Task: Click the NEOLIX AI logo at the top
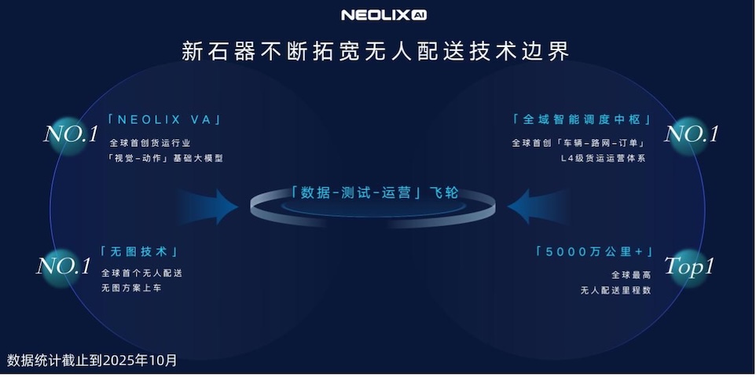coord(384,15)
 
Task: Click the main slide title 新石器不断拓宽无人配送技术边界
coord(376,51)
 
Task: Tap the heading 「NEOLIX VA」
coord(165,119)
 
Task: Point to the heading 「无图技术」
coord(139,251)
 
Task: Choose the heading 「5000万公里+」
coord(594,251)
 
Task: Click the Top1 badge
coord(689,266)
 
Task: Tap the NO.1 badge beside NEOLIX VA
coord(71,135)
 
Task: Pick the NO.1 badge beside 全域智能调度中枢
coord(692,134)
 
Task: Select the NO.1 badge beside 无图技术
coord(64,266)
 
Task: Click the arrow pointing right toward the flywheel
coord(207,207)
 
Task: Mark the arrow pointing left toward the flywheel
coord(538,207)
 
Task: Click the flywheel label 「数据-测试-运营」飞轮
coord(374,193)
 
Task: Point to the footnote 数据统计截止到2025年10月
coord(92,360)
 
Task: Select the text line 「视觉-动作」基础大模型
coord(165,159)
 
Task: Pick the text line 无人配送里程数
coord(616,291)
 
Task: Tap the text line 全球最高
coord(632,275)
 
